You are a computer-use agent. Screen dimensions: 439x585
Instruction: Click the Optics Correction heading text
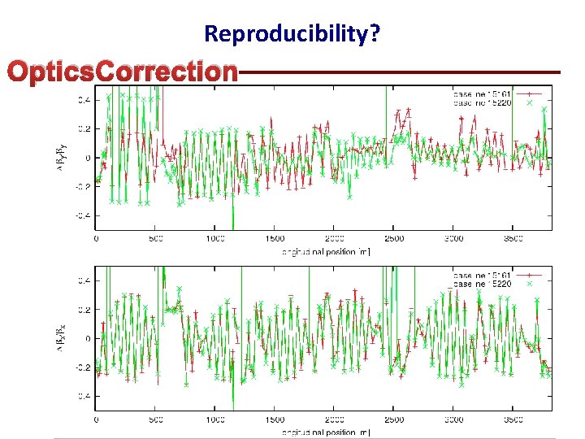tap(122, 72)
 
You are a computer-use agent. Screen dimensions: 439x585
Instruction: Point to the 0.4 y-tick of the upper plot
tap(84, 100)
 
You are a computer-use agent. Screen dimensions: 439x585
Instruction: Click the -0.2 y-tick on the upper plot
tap(83, 186)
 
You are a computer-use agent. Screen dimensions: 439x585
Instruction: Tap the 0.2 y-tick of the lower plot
tap(84, 310)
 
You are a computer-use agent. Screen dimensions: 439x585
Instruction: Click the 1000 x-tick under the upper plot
tap(215, 239)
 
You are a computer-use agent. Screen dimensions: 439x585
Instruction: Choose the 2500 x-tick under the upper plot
tap(394, 239)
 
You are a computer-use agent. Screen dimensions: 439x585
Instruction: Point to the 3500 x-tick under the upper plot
tap(513, 239)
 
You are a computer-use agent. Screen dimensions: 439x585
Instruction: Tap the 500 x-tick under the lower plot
tap(156, 420)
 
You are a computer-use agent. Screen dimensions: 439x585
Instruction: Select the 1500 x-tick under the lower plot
tap(275, 420)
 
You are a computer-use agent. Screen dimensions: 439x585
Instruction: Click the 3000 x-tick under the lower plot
tap(453, 420)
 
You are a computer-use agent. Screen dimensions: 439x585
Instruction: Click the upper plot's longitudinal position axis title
tap(325, 251)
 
